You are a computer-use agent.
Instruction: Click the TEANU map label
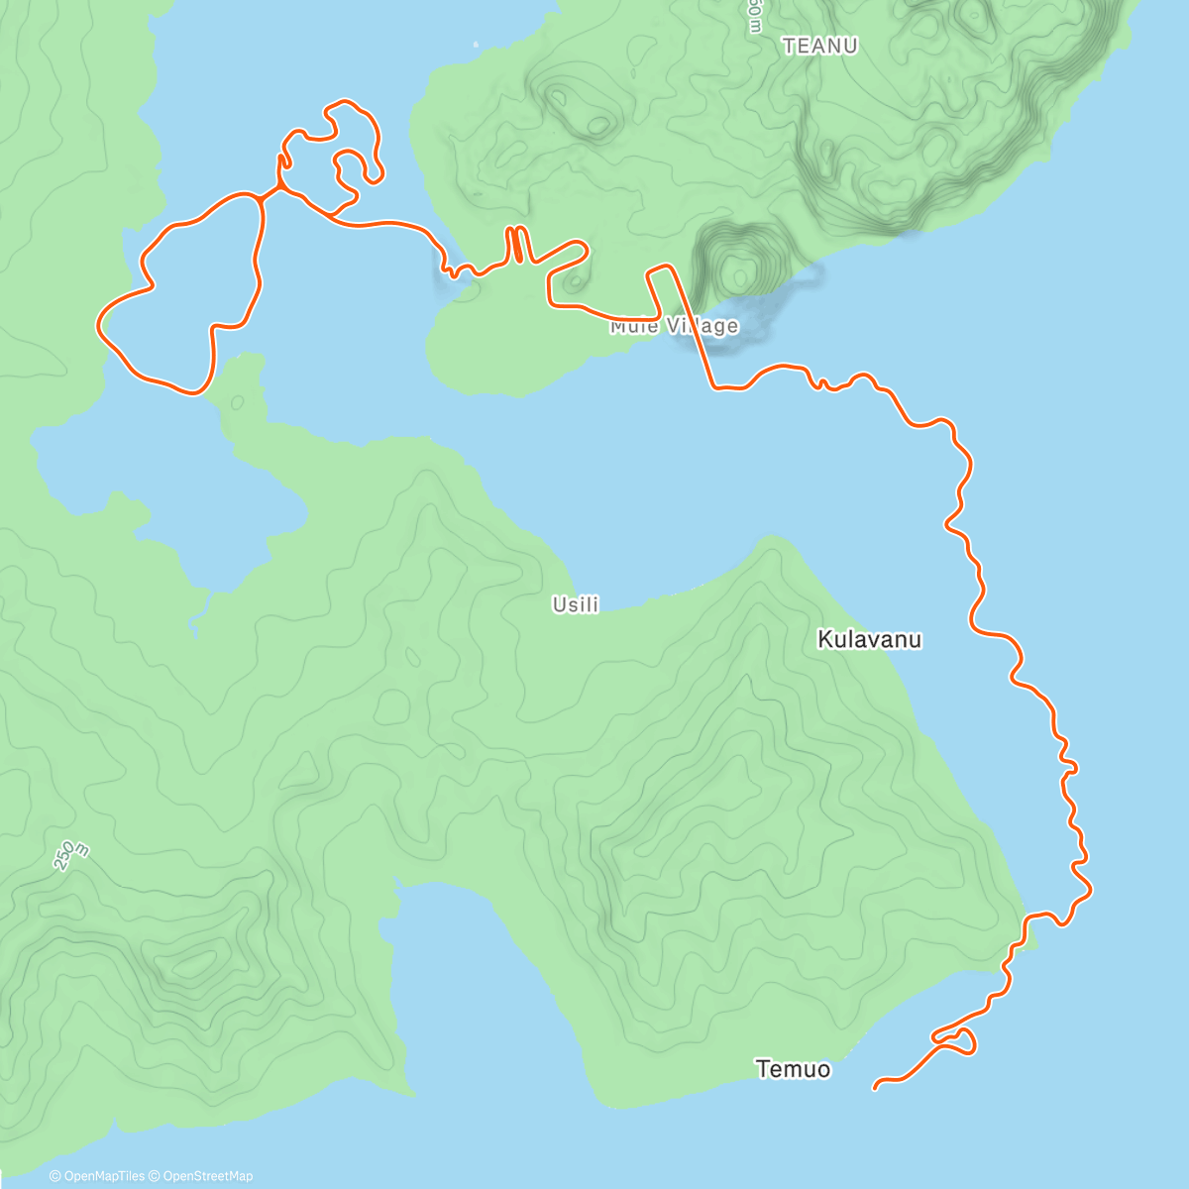tap(819, 46)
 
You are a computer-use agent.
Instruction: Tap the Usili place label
tap(576, 604)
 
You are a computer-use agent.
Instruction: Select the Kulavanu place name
tap(869, 639)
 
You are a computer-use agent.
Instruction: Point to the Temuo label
tap(793, 1069)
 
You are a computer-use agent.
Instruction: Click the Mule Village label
tap(674, 326)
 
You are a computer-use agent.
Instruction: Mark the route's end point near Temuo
tap(875, 1088)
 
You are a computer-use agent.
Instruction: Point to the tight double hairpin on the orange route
tap(516, 245)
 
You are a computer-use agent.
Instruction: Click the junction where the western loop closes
tap(261, 199)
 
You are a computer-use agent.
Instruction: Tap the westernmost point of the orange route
tap(97, 323)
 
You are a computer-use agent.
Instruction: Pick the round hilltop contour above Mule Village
tap(737, 269)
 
